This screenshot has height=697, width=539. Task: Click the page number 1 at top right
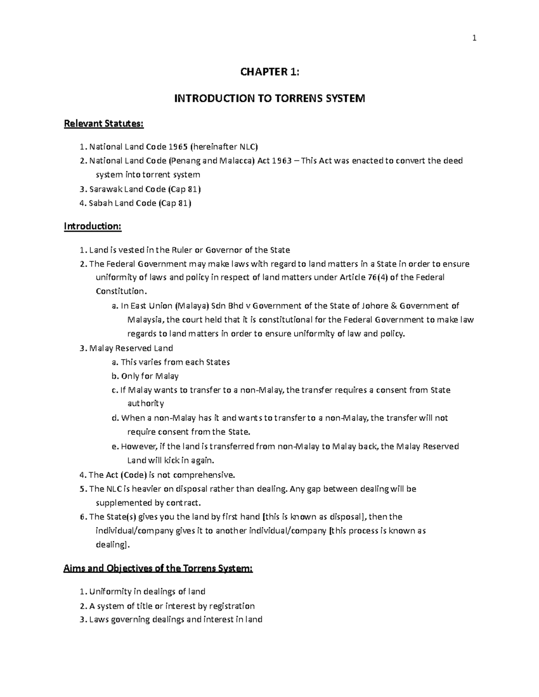(474, 39)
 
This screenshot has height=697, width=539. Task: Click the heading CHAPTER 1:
(269, 72)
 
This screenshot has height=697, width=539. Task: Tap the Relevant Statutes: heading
(104, 124)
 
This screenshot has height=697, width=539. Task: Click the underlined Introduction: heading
(93, 226)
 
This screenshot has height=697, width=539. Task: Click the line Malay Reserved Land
(131, 348)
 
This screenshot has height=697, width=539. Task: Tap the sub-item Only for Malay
(150, 376)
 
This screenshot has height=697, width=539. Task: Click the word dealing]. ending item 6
(113, 544)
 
